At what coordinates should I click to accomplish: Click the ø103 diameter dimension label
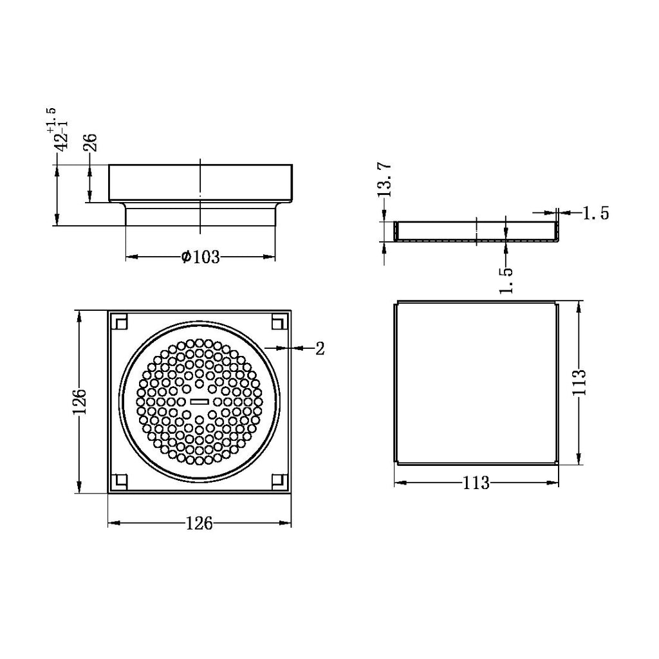pos(201,257)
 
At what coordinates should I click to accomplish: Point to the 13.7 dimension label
pos(385,180)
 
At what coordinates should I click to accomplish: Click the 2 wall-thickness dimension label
pos(320,349)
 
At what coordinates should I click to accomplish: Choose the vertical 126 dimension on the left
pos(80,402)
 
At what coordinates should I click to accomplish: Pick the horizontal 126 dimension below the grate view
pos(200,524)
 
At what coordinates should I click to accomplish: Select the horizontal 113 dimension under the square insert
pos(476,483)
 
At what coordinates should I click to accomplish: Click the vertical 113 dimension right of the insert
pos(580,382)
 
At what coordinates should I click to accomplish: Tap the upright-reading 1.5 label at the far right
pos(595,214)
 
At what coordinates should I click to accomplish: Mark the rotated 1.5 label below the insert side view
pos(506,280)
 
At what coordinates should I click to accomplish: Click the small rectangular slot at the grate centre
pos(200,402)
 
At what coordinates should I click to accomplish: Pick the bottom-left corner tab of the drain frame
pos(120,481)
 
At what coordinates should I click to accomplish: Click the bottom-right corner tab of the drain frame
pos(279,481)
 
